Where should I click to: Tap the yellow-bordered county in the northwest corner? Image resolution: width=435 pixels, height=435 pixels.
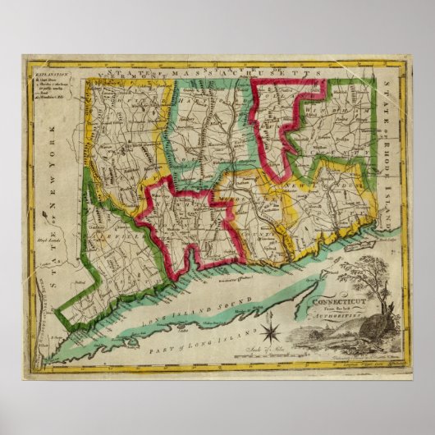point(123,123)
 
